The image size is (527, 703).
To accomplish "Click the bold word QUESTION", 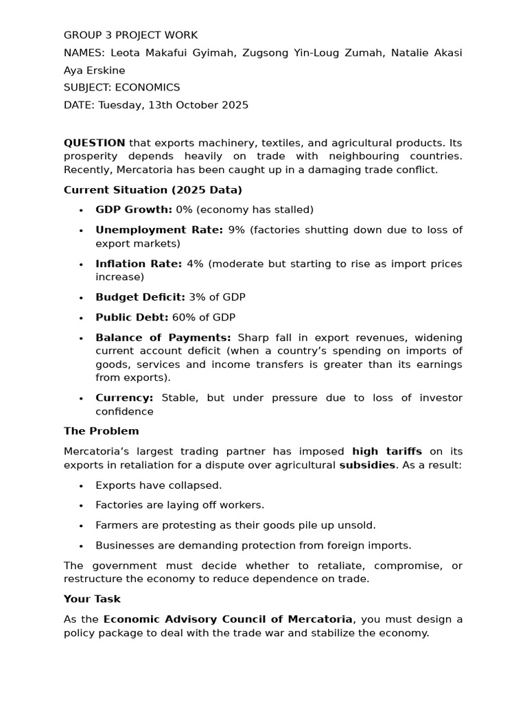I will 94,143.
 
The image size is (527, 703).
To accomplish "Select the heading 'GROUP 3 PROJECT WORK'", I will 130,35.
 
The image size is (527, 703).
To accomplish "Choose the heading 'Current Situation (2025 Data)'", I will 152,189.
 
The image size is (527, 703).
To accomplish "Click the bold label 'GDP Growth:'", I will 134,209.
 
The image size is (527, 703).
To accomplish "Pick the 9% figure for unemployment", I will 236,230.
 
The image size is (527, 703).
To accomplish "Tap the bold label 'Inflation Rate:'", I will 139,264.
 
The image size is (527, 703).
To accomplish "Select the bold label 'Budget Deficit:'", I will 140,297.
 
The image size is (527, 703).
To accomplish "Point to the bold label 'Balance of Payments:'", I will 163,338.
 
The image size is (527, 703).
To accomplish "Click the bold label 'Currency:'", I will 124,398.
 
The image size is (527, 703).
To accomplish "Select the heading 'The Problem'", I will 101,431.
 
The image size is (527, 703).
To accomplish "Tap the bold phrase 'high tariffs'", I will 387,452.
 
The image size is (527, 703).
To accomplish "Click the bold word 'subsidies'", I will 367,465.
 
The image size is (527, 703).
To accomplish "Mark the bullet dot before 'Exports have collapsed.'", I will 81,486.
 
